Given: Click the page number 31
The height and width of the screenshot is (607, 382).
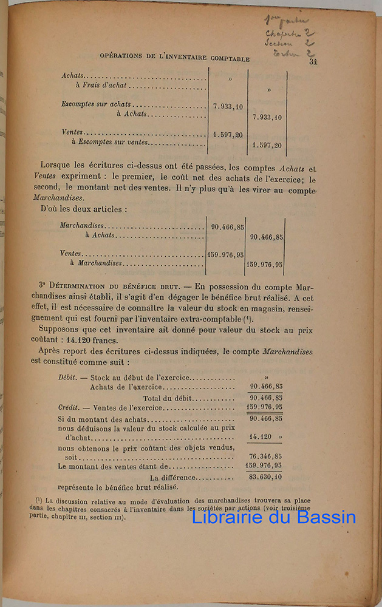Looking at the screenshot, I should click(313, 61).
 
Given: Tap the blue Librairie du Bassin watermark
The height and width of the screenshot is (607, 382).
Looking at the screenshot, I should click(274, 517).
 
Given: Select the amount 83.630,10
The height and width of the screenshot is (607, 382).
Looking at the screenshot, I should click(265, 476).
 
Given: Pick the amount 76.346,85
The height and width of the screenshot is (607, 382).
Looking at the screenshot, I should click(265, 456).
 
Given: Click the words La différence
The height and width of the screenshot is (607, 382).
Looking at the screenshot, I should click(170, 476).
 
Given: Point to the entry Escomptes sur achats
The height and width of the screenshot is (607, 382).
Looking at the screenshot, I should click(96, 104).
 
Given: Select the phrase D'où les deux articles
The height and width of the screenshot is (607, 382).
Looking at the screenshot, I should click(83, 209).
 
